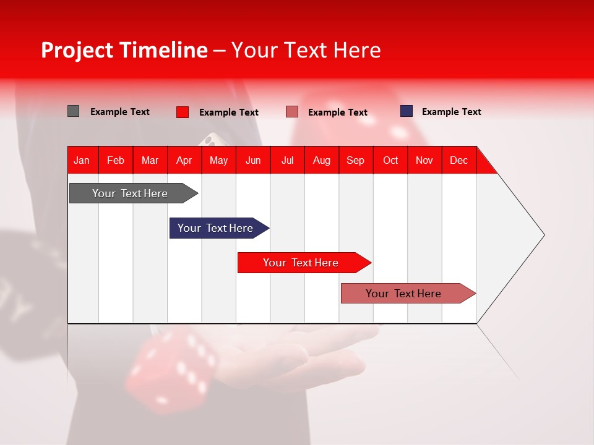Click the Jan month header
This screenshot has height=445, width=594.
click(x=82, y=160)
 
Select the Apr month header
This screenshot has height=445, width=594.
click(x=184, y=160)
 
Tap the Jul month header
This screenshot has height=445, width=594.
click(x=287, y=160)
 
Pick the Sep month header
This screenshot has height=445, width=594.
click(x=355, y=160)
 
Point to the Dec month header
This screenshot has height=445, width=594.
click(x=458, y=160)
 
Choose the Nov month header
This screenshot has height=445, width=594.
click(x=424, y=160)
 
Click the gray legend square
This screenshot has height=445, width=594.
click(x=73, y=111)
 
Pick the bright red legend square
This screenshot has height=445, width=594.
click(x=182, y=112)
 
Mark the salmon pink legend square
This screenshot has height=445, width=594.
click(x=292, y=112)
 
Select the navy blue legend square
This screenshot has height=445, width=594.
click(x=406, y=111)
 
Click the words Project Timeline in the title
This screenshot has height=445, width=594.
click(x=124, y=50)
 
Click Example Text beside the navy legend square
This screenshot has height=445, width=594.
click(x=451, y=112)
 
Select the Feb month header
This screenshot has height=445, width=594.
click(x=116, y=160)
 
